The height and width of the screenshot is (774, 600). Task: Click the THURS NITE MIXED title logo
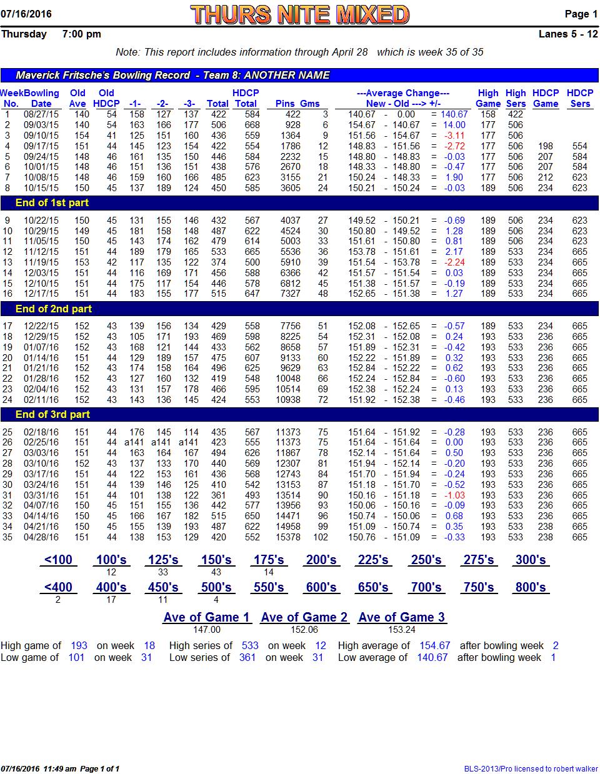coord(299,14)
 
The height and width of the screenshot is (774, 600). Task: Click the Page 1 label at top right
coord(581,14)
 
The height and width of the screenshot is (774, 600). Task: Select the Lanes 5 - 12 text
coord(568,34)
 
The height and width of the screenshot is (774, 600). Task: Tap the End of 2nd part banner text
coord(54,309)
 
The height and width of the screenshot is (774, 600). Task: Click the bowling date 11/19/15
coord(41,262)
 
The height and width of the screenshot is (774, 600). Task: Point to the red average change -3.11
coord(454,136)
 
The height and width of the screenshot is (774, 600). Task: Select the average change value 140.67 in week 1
coord(454,114)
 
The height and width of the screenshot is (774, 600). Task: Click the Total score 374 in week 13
coord(218,262)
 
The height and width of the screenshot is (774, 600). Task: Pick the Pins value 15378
coord(288,537)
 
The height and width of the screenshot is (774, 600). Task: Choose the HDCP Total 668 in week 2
coord(252,125)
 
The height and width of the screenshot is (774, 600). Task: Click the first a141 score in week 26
coord(134,442)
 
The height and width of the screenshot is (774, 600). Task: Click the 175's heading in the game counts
coord(269,560)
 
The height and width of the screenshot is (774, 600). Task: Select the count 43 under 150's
coord(216,572)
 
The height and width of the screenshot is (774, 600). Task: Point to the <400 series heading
coord(58,587)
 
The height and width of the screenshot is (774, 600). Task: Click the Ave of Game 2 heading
coord(304,617)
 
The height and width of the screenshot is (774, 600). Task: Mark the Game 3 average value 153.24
coord(401,630)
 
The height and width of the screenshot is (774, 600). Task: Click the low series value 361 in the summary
coord(247,657)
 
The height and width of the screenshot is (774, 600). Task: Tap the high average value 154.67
coord(434,645)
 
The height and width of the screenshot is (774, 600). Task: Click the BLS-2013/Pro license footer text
coord(531,768)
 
